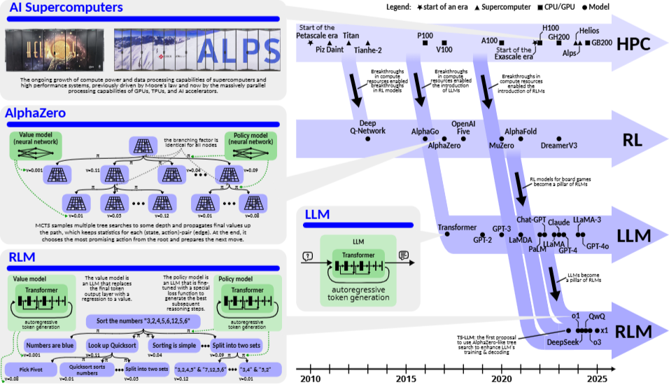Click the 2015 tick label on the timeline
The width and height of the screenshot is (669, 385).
(x=406, y=378)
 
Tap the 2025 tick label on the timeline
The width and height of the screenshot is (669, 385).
(x=597, y=378)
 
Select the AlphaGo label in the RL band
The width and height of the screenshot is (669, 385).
(x=425, y=131)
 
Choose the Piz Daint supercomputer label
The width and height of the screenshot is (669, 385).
(x=330, y=50)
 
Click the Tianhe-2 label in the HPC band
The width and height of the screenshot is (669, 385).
(x=368, y=50)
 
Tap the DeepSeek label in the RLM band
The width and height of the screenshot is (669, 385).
(x=563, y=343)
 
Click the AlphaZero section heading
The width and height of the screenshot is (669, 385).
(x=35, y=113)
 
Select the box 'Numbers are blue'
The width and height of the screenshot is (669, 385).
(x=50, y=345)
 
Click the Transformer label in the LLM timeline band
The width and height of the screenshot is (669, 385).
(x=457, y=228)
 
